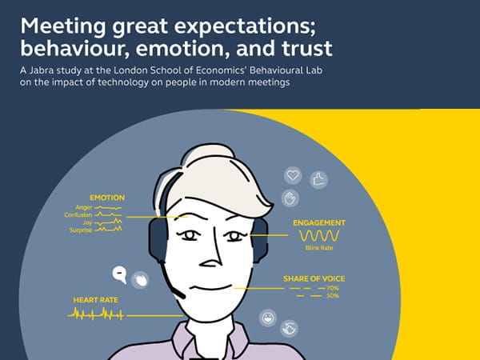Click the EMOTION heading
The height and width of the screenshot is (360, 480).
pos(107,198)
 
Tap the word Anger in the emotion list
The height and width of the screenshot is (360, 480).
pos(83,207)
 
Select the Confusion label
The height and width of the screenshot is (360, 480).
pos(78,215)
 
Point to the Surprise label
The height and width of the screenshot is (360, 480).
pos(81,230)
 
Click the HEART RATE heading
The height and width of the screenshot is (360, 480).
pos(96,300)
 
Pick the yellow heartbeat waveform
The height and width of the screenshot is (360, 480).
pos(95,314)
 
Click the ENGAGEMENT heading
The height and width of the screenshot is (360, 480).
pos(319,223)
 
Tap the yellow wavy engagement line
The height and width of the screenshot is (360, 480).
pos(319,236)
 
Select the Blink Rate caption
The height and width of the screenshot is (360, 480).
pos(319,248)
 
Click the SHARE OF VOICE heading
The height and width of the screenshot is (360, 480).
pos(314,279)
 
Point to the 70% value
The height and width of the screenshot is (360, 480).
pos(333,288)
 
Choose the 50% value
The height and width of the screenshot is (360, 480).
pos(333,296)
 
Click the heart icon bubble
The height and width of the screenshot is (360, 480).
pos(293,175)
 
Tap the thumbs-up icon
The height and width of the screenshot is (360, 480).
pos(318,180)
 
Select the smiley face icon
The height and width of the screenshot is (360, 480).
pos(268,318)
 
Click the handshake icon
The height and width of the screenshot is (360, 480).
pos(290,329)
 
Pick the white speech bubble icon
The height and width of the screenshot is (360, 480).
pos(120,274)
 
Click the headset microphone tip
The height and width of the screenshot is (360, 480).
pos(182,296)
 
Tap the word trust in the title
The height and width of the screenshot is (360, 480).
pos(307,49)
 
